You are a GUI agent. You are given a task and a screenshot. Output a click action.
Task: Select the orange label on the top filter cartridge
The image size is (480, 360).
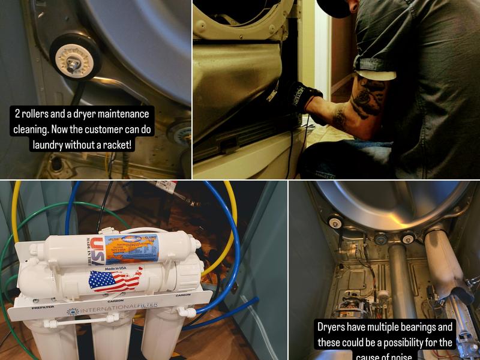pos(131,249)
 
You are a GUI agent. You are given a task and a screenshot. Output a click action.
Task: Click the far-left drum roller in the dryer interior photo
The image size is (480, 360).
pos(335,223)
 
